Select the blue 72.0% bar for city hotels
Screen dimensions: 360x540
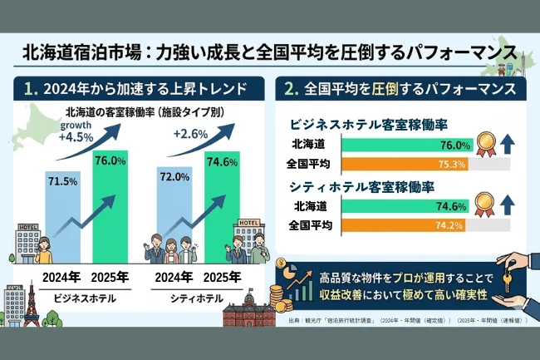[175, 220]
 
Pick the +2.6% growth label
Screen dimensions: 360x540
[190, 135]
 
